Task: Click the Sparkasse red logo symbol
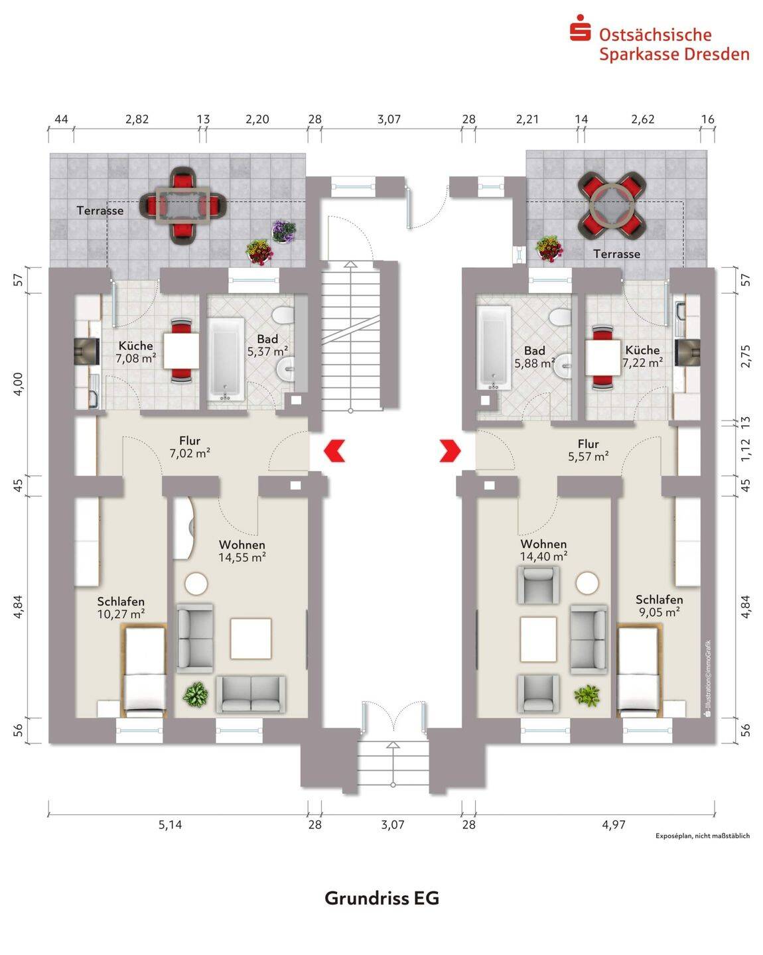click(x=580, y=30)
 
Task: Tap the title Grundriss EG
click(x=381, y=898)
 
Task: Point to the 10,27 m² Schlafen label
click(x=121, y=608)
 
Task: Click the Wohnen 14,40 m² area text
click(x=543, y=550)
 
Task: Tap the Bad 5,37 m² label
click(x=267, y=346)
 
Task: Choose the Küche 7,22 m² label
click(x=642, y=356)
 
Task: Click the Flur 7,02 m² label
click(x=190, y=447)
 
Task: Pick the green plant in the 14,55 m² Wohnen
click(x=196, y=694)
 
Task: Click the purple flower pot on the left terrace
click(x=284, y=231)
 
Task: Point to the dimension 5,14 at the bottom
click(x=170, y=824)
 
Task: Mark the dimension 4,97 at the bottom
click(x=613, y=824)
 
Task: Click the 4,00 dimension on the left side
click(x=18, y=383)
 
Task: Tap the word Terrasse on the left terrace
click(x=100, y=210)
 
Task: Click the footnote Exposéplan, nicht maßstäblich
click(x=702, y=836)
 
